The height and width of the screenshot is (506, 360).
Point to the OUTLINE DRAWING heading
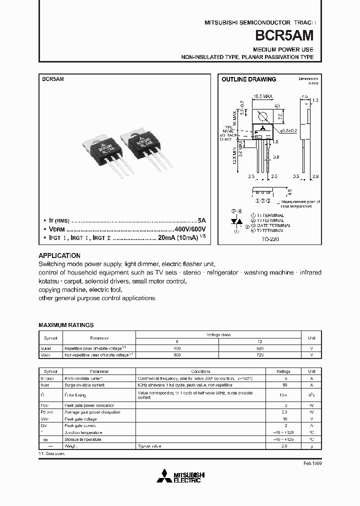[248, 79]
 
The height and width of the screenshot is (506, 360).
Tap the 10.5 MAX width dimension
[262, 95]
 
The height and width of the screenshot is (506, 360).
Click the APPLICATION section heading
[59, 255]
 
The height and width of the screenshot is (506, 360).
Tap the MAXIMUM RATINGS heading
[66, 325]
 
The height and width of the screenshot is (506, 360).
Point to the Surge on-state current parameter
[84, 385]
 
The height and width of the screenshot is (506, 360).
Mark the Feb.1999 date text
[312, 464]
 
